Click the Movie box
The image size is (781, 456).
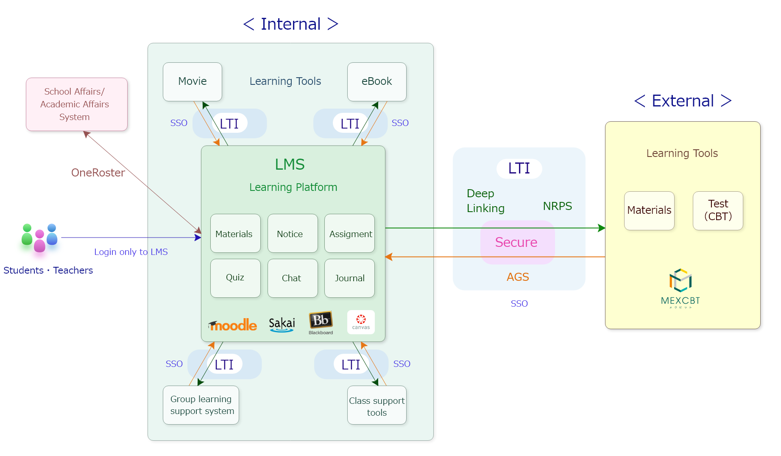192,82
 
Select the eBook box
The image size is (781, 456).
377,82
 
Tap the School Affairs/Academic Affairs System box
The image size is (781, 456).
77,104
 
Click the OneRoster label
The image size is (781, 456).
98,173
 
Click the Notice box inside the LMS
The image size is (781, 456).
293,233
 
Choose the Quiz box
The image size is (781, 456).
235,278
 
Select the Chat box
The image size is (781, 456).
293,278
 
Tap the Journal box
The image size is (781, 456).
349,278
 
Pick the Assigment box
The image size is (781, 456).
349,233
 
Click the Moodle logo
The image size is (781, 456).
233,325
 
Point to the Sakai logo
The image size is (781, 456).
282,325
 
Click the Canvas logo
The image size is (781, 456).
361,322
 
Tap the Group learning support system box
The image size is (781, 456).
201,405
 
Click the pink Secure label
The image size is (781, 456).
517,242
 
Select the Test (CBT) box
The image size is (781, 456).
718,211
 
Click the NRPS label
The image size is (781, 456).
557,206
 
